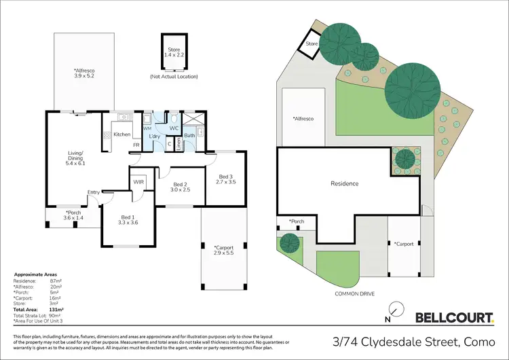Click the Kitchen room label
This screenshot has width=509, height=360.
(122, 134)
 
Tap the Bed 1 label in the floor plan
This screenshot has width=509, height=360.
(128, 217)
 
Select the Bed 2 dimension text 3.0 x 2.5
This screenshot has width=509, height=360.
(180, 190)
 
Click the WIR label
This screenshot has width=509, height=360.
(138, 182)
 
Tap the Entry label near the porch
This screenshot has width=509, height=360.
(93, 192)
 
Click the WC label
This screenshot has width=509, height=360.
(173, 128)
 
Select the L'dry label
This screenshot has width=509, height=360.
(154, 137)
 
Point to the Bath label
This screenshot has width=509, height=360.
(189, 136)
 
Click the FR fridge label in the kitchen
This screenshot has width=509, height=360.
(136, 145)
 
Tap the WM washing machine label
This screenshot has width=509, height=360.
(147, 128)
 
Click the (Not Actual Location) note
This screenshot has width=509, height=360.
(174, 77)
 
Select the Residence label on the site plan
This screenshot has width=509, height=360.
(344, 183)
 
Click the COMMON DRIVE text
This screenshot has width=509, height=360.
(354, 294)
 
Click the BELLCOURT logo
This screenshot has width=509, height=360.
(454, 317)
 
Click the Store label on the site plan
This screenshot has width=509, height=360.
(312, 43)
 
